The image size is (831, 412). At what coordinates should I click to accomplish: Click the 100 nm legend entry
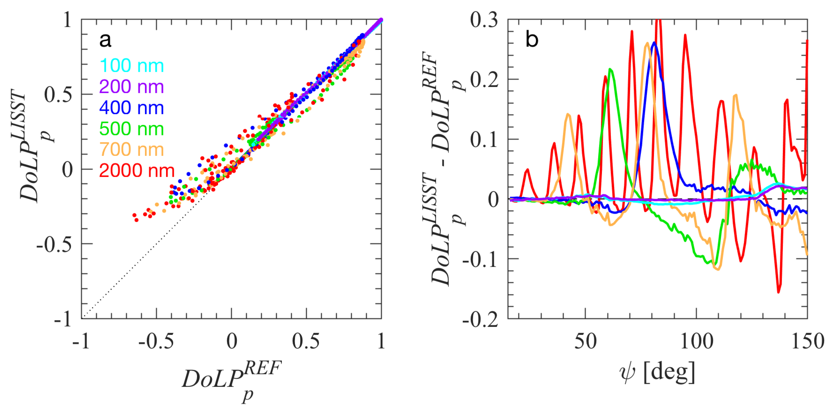132,66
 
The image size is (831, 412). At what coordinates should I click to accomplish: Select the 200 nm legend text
132,87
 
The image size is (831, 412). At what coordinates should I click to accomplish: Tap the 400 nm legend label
132,108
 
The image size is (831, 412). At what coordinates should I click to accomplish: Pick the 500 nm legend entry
132,129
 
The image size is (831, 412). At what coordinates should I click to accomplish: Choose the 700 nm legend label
132,150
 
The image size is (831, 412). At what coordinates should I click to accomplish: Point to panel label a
105,40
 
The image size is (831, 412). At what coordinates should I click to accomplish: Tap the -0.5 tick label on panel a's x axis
156,341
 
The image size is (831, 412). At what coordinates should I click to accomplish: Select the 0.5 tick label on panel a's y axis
58,95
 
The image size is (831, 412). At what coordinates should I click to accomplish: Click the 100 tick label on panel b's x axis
696,341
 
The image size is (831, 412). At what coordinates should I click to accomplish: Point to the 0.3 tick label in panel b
484,20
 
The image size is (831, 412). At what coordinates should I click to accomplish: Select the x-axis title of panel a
232,381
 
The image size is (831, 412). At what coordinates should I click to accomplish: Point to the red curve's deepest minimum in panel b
779,292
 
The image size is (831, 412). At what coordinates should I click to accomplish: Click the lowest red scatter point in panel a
136,220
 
